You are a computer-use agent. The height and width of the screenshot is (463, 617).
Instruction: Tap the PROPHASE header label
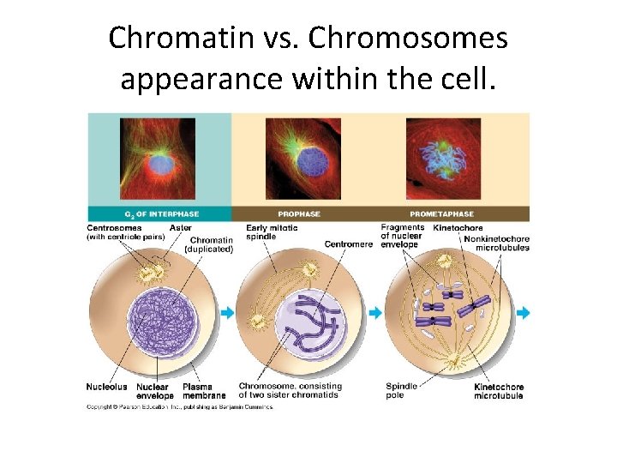[300, 213]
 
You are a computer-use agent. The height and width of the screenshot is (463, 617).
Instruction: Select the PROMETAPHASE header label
[441, 213]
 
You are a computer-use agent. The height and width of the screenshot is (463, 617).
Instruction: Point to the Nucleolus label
[106, 387]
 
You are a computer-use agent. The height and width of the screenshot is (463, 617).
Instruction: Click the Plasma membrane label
[204, 391]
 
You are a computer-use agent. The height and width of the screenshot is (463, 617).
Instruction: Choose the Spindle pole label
[401, 391]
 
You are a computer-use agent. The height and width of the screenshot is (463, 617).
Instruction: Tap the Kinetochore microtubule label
[499, 391]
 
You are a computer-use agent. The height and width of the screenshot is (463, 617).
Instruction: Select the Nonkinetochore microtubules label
[496, 243]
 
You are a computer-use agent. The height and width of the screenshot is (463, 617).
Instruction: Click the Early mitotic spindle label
[267, 231]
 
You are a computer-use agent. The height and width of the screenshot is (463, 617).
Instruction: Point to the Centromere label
[349, 244]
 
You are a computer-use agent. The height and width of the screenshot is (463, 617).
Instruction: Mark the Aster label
[181, 227]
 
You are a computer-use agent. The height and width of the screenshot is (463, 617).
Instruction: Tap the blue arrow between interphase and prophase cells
[227, 313]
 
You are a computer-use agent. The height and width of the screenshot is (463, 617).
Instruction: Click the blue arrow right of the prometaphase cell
[523, 313]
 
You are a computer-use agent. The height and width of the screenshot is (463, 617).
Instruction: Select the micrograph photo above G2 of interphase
[158, 159]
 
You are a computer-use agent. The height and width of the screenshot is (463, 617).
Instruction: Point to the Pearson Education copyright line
[180, 406]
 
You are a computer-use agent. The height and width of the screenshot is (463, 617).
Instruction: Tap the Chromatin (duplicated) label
[211, 244]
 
